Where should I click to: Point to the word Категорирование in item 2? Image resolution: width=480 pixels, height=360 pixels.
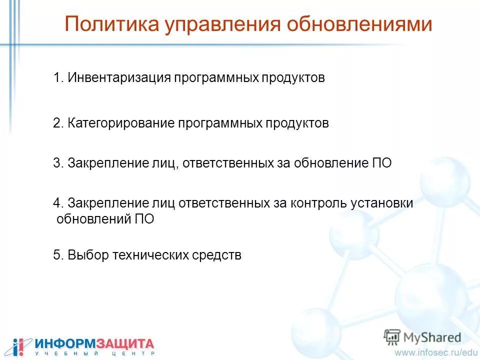click(121, 123)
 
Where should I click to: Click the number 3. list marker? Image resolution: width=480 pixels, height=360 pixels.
click(58, 163)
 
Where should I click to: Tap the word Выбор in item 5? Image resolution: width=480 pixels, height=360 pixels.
click(88, 255)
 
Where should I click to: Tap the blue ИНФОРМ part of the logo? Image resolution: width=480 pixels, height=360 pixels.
click(64, 344)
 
